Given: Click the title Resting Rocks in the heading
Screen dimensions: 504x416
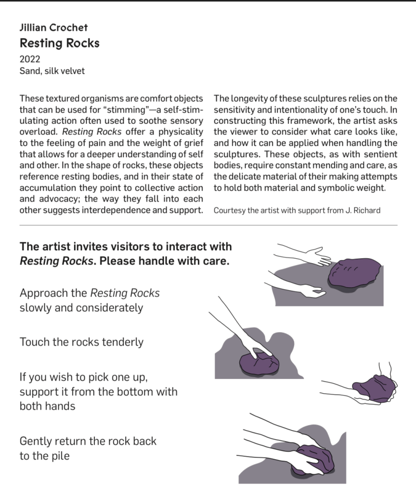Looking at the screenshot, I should pos(59,43).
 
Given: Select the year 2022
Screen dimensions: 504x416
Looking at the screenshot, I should pos(30,59).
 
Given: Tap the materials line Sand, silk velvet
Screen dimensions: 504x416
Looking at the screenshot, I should pos(52,71).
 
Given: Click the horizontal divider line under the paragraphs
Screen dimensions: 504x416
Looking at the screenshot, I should pos(208,225).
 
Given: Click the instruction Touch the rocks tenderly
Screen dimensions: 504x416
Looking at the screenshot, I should pos(81,342).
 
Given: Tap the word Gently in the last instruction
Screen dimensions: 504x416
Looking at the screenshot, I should pos(36,440).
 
